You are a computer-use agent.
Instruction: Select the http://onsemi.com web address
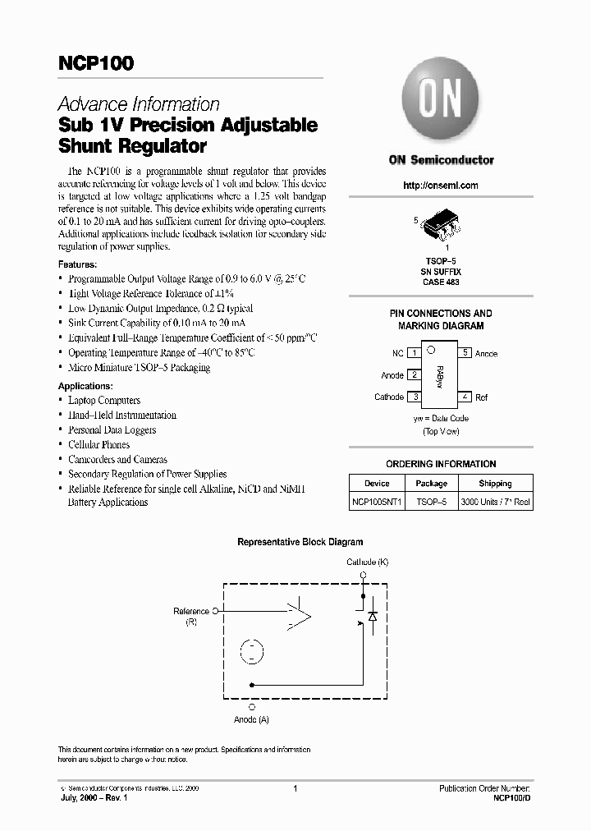tap(441, 186)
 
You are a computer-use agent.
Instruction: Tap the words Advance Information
tap(138, 104)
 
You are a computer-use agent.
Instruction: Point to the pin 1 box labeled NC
tap(415, 353)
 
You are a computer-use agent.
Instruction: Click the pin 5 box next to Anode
tap(465, 353)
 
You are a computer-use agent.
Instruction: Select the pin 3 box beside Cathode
tap(415, 397)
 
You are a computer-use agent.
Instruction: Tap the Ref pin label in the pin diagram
tap(481, 397)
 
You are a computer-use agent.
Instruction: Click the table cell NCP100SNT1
tap(378, 502)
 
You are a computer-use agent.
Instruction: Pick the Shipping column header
tap(495, 484)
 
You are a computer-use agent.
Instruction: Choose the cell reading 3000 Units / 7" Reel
tap(495, 502)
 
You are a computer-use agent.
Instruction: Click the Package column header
tap(431, 484)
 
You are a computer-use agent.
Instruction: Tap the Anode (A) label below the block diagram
tap(251, 719)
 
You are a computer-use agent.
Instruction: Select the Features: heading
tap(77, 264)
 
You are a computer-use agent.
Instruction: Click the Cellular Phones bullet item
tap(101, 444)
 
